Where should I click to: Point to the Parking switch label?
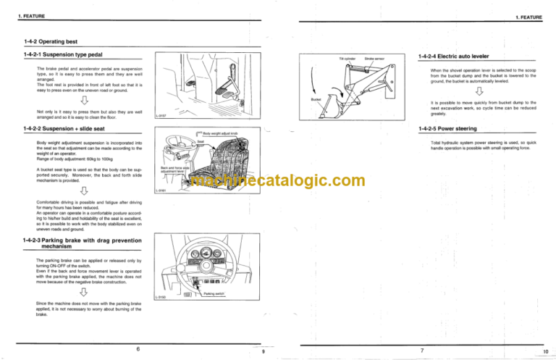click(214, 294)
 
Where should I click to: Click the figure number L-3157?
click(162, 115)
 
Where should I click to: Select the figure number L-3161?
click(162, 191)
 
